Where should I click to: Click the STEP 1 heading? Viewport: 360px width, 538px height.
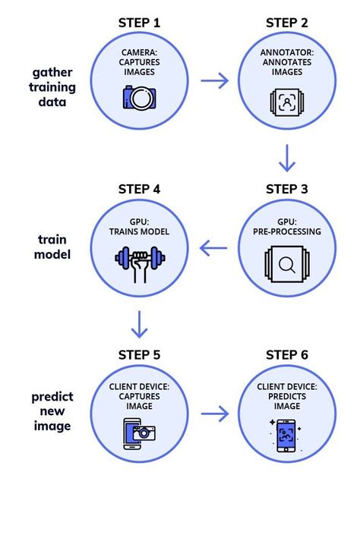139,23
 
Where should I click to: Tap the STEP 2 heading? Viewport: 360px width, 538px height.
286,23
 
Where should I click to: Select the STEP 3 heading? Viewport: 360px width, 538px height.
286,189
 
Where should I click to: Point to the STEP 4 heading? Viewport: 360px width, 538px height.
139,189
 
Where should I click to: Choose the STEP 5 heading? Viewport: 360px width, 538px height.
139,355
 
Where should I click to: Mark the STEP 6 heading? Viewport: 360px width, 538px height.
286,355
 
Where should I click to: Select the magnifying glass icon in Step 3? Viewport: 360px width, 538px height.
286,264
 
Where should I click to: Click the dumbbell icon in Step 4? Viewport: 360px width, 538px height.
139,262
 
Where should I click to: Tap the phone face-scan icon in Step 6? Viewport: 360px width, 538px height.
286,434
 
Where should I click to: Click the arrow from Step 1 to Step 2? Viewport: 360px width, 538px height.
213,80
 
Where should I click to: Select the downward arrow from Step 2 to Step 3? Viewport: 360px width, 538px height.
287,159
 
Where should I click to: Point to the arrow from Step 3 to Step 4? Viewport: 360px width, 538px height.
213,247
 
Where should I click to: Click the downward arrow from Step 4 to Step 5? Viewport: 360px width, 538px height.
140,326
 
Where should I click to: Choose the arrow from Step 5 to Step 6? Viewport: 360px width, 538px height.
213,414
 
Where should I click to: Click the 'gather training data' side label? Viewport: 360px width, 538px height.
52,87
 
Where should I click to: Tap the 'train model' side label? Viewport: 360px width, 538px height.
52,247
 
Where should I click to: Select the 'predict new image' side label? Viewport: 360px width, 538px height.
52,411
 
